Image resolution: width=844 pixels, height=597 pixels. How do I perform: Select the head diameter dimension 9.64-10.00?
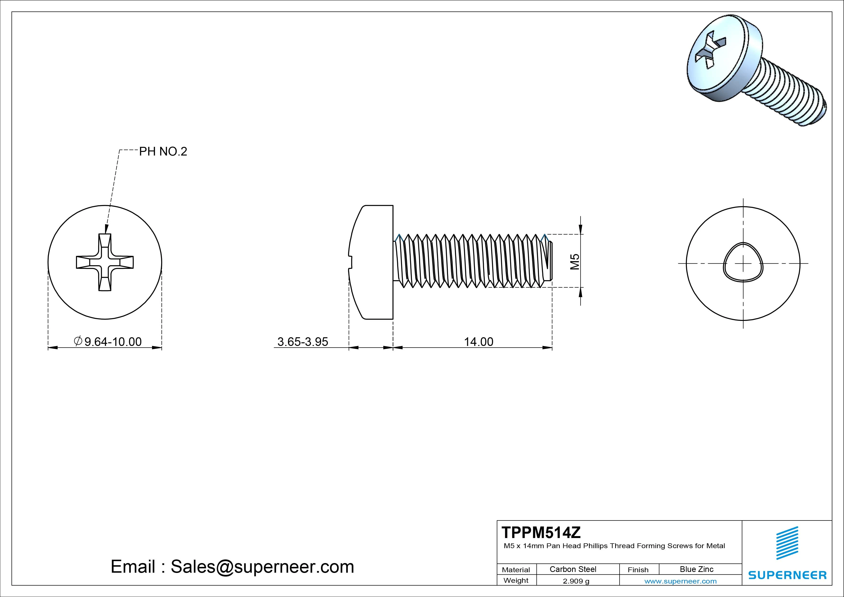(113, 342)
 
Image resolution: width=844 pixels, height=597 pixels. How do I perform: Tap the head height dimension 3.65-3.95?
(302, 342)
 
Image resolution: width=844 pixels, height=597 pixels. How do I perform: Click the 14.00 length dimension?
(478, 342)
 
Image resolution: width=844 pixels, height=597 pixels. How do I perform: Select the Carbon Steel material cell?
(573, 569)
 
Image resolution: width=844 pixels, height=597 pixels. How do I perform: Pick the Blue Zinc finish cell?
(696, 569)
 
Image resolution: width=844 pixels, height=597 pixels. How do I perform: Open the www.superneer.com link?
(680, 581)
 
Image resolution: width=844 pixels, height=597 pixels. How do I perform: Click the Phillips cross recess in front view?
(105, 262)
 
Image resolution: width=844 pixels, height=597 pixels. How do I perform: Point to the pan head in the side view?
(371, 262)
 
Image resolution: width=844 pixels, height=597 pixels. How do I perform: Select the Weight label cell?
(516, 580)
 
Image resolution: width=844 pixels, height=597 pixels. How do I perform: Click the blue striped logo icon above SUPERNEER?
(787, 543)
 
